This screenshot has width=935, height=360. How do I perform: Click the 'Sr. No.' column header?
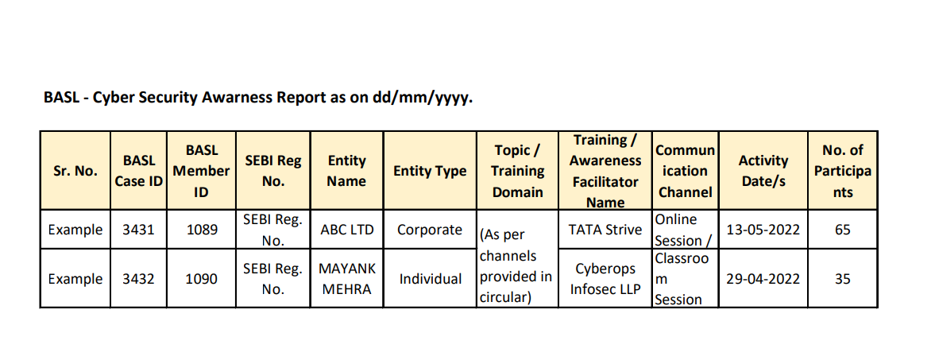coord(75,171)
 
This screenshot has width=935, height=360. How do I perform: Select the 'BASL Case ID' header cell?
coord(138,171)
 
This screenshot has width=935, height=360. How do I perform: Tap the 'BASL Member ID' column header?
coord(202,171)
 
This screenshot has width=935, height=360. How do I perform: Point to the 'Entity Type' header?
coord(430,171)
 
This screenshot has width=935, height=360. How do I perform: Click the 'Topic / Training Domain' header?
coord(518,171)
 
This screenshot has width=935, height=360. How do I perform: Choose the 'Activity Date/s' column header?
coord(763,171)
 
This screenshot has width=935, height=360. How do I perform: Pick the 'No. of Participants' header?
coord(843,171)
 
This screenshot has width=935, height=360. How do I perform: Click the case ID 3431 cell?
coord(138,230)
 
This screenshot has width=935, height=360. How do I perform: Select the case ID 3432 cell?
coord(138,279)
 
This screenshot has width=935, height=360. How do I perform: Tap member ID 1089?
coord(202,230)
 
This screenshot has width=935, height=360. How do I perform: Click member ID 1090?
coord(202,279)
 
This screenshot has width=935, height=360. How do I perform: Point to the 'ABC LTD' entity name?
coord(346,230)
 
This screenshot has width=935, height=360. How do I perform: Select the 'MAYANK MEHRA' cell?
coord(347,279)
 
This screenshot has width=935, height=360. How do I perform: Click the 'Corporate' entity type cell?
coord(430,230)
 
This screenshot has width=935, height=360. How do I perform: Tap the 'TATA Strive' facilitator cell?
coord(605,230)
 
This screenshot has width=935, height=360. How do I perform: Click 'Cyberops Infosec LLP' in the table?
coord(605,279)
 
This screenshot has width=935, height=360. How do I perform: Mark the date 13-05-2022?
coord(763,230)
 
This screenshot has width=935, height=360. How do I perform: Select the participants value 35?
coord(843,279)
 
